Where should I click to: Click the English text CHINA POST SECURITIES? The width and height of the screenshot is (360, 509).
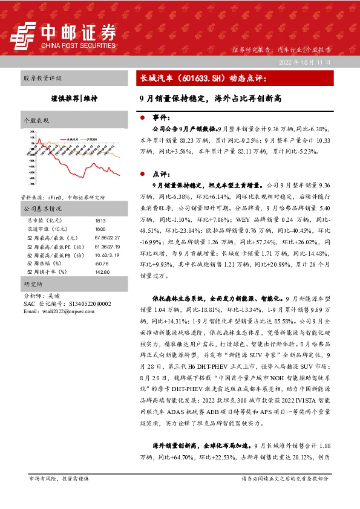(78, 45)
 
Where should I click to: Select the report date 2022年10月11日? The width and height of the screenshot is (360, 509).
(304, 62)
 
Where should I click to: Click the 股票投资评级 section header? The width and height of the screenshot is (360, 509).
(42, 79)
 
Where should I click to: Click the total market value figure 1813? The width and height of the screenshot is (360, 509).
(100, 221)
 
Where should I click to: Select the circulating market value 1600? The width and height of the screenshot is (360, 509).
(100, 229)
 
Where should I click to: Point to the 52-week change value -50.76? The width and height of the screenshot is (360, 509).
(102, 263)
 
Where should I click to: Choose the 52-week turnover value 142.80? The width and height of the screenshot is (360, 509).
(102, 271)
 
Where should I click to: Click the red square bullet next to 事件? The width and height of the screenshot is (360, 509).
(142, 117)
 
